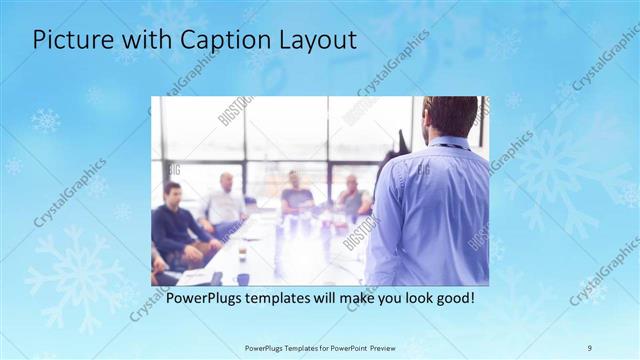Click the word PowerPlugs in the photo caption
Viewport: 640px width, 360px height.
coord(206,298)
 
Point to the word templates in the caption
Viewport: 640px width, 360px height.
coord(286,298)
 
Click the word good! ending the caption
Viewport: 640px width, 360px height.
coord(453,298)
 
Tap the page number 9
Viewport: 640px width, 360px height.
coord(590,347)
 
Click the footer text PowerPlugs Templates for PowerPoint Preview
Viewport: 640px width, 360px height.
coord(319,347)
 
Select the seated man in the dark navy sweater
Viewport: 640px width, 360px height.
coord(178,222)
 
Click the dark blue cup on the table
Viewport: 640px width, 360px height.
coord(243,279)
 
